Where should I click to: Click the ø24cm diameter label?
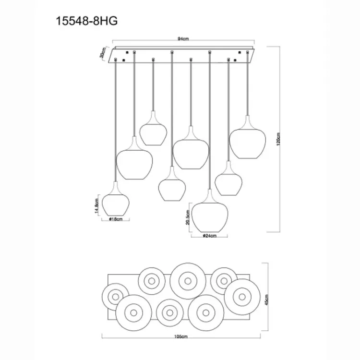(x=210, y=236)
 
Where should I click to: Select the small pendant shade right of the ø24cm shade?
(x=228, y=181)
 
